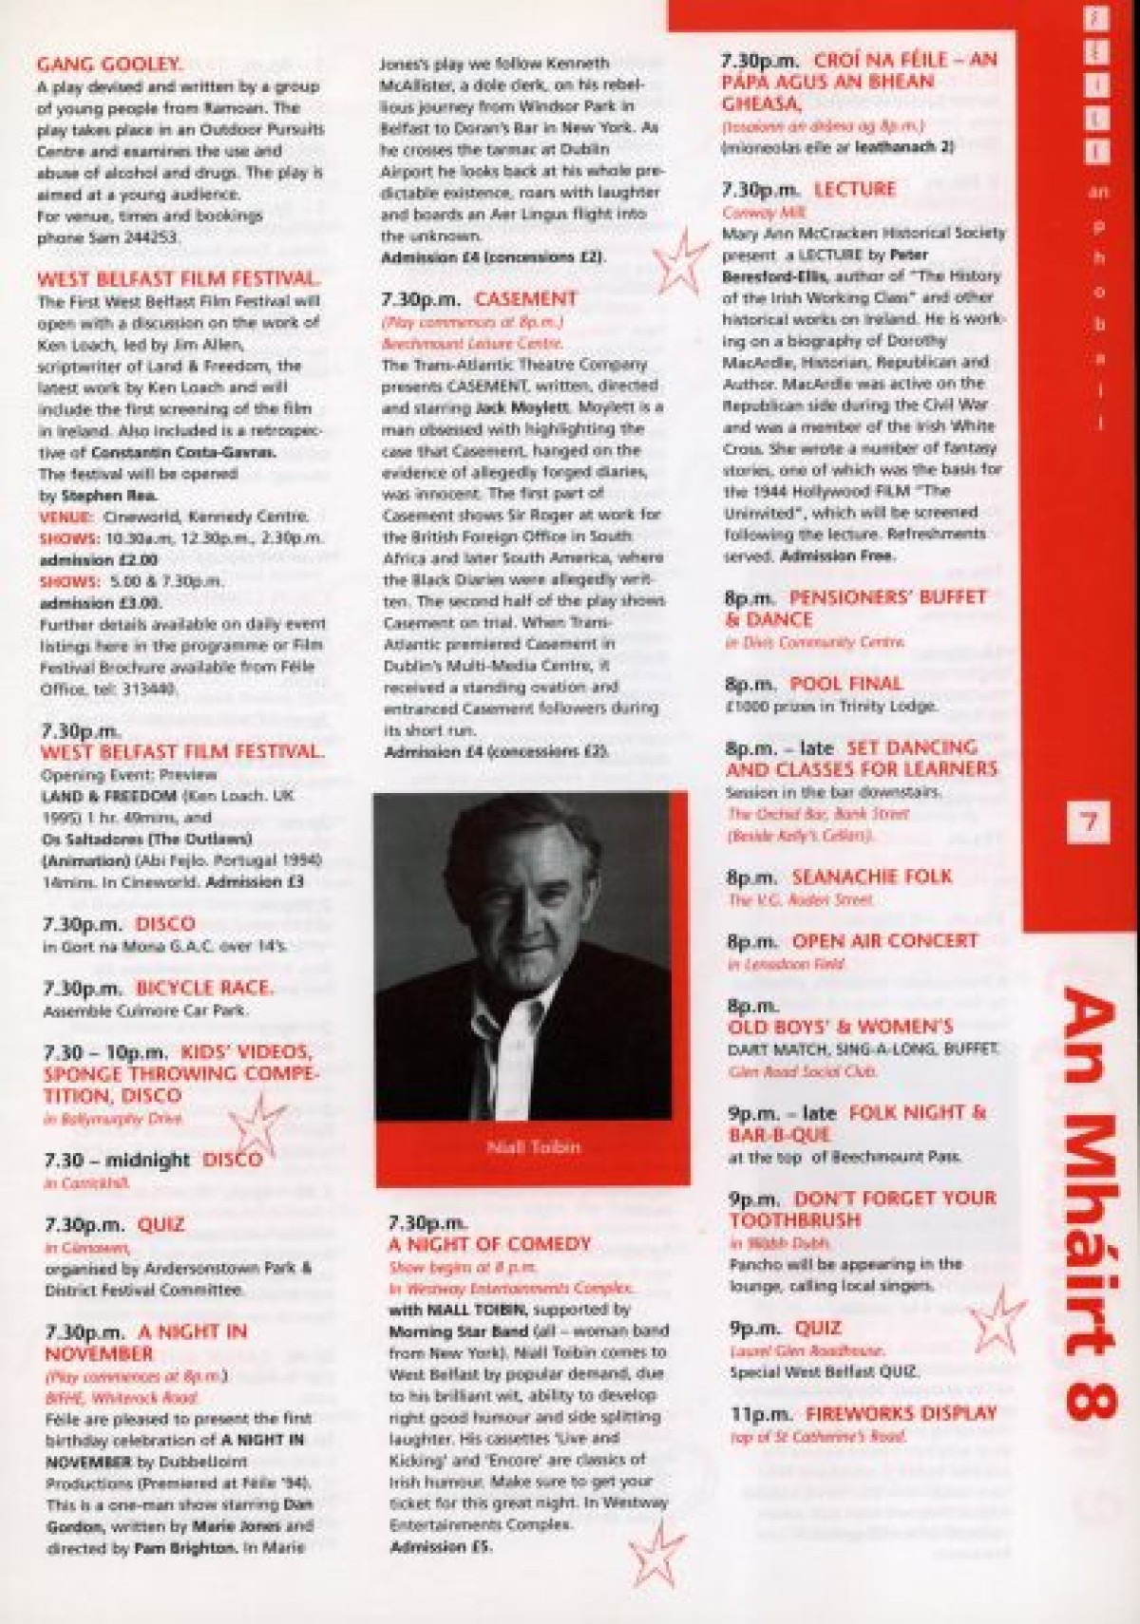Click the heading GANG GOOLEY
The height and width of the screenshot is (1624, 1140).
(108, 65)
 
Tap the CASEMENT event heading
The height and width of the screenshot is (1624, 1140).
(525, 298)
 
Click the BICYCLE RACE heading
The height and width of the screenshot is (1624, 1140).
(204, 988)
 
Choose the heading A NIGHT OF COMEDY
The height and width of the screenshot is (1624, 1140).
(489, 1243)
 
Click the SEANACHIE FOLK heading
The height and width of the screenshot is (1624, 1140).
(871, 876)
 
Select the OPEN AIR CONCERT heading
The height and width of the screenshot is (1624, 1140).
(883, 940)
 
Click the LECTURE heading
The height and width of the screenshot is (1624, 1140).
(854, 189)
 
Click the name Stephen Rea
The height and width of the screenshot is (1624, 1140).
(92, 495)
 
